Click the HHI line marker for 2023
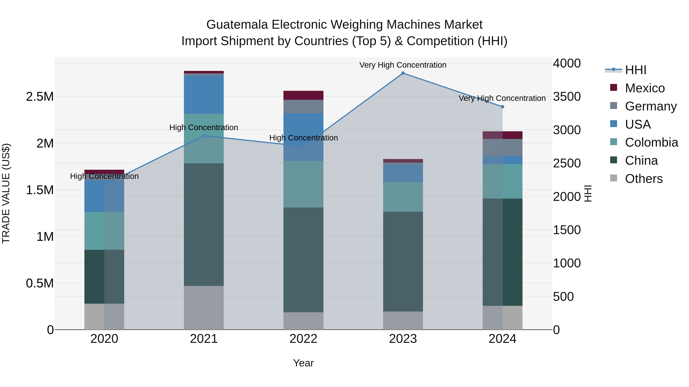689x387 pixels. click(x=403, y=73)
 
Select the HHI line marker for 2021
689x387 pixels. click(x=204, y=136)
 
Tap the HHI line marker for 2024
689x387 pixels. click(x=502, y=107)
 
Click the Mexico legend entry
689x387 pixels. click(x=645, y=88)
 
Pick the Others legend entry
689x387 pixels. click(x=643, y=179)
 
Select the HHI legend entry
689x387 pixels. click(x=635, y=70)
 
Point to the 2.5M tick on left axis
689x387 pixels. click(x=40, y=97)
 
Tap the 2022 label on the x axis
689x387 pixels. click(x=303, y=339)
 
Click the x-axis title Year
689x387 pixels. click(x=303, y=363)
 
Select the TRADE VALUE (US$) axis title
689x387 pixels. click(x=6, y=193)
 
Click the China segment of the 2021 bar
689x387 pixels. click(x=204, y=224)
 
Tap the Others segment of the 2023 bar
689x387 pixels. click(x=403, y=320)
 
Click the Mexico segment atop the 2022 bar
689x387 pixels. click(x=303, y=95)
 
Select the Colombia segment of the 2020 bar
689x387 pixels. click(x=104, y=231)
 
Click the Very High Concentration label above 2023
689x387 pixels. click(x=403, y=65)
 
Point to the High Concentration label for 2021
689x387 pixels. click(x=204, y=127)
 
